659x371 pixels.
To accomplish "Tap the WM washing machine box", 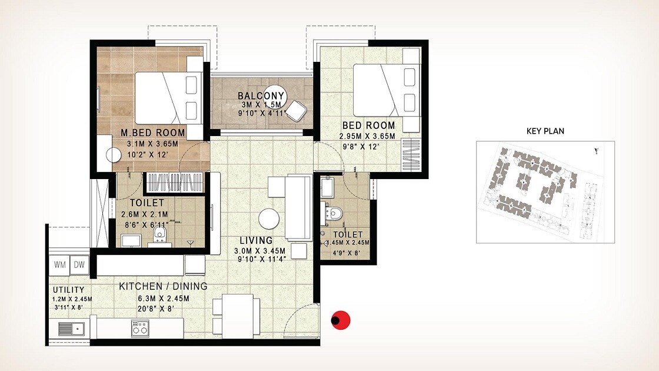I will click(x=60, y=265).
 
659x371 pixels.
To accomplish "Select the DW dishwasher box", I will click(x=79, y=265).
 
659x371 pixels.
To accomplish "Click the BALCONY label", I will click(x=261, y=95).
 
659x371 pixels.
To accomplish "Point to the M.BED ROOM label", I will click(x=153, y=132).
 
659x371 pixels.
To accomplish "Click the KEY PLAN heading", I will click(x=545, y=131).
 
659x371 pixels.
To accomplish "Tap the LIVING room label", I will click(x=256, y=240).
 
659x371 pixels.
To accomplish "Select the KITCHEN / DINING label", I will click(x=163, y=286).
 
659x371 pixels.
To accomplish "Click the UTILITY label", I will click(x=69, y=290).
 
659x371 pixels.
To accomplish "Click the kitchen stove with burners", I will click(x=140, y=328).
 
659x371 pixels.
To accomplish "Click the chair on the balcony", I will click(x=298, y=111).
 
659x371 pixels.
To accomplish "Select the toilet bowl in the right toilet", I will click(x=335, y=213).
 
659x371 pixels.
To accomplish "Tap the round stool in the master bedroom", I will click(x=113, y=154).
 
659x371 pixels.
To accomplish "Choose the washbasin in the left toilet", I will click(x=131, y=240).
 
